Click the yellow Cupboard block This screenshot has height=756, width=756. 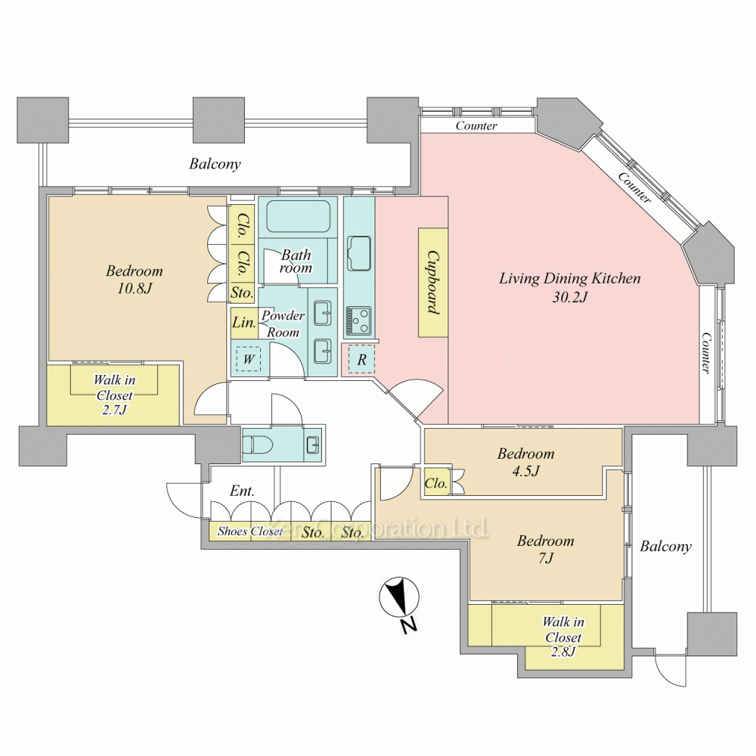point(432,283)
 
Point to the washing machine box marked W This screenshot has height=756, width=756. point(248,359)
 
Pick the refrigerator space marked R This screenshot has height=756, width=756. point(361,359)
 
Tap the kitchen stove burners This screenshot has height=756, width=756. point(358,321)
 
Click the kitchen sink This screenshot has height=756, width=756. point(359,253)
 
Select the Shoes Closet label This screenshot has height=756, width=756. point(250,531)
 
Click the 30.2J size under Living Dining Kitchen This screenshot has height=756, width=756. point(570,297)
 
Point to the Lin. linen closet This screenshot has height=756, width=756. point(243,322)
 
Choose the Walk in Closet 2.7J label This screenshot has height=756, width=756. point(114,395)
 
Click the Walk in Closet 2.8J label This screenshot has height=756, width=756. point(562,637)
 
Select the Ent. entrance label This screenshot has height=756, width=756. point(242,491)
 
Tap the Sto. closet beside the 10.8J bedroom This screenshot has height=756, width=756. point(242,293)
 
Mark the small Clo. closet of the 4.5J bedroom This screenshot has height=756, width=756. point(436,482)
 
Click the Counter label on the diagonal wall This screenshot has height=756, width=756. point(634,187)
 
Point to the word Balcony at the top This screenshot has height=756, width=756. point(215,164)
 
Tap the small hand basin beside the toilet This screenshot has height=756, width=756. point(312,444)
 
